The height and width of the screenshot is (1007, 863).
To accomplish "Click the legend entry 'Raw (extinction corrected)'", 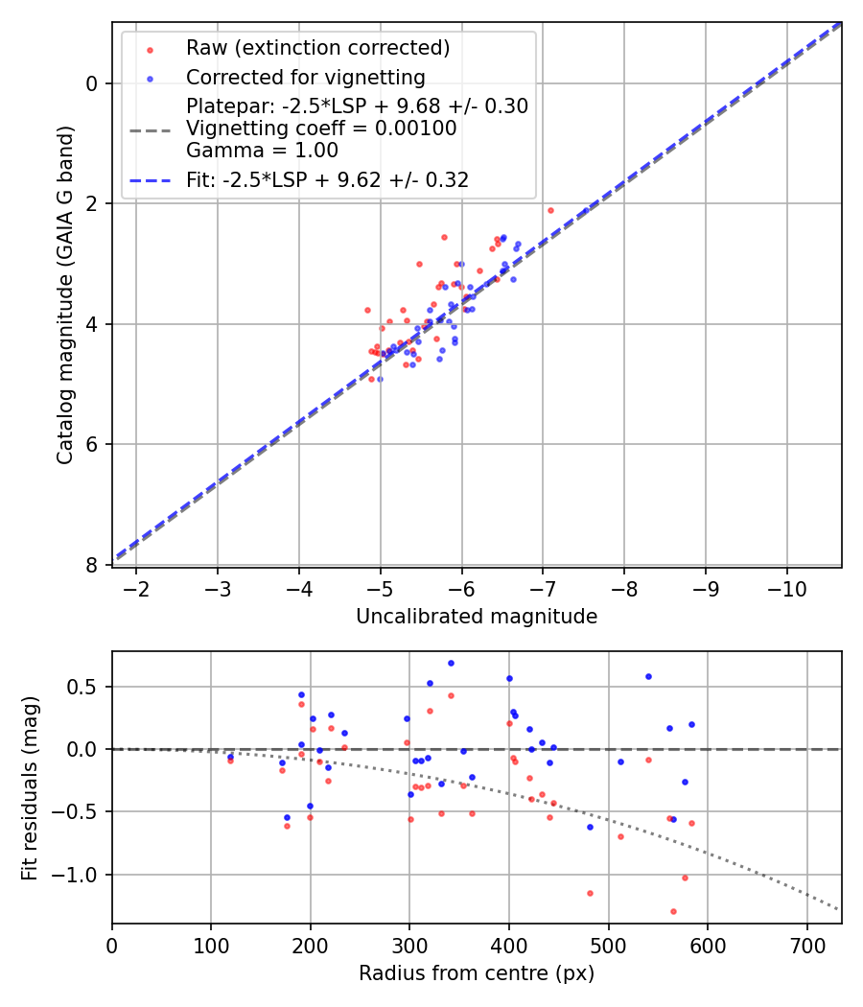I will point(317,48).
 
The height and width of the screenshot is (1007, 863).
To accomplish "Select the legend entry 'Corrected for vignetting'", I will point(305,77).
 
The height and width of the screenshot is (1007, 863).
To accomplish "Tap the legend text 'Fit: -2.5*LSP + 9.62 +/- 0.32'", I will point(327,179).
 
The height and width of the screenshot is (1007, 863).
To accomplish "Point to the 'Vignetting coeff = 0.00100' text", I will point(321,128).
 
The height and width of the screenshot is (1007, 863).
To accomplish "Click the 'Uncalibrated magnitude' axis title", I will point(477,617).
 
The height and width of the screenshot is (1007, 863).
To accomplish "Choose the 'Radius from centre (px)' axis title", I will point(477,973).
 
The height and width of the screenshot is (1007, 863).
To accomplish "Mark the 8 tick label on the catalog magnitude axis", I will point(92,565).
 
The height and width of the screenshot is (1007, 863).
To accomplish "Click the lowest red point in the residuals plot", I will point(673,911).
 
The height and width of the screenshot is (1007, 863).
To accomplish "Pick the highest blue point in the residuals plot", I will point(451,663).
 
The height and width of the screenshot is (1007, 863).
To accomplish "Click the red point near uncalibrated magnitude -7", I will point(550,210).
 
